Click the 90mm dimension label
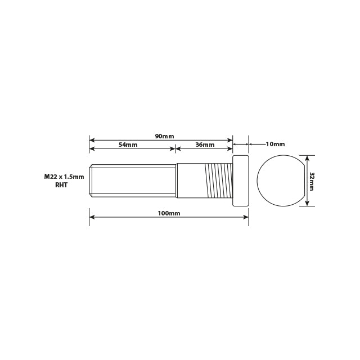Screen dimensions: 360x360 164,136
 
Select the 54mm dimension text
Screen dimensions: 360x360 128,145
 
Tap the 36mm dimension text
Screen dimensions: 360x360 205,145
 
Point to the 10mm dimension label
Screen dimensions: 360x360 275,144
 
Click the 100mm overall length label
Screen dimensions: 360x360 169,214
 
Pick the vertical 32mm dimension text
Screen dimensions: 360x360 311,181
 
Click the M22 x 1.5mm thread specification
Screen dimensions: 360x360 64,177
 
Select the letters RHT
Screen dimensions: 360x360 62,184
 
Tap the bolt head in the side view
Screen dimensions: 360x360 241,181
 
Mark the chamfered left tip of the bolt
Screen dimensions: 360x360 91,181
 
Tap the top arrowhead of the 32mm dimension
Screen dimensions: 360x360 307,158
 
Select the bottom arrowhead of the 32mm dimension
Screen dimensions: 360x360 307,203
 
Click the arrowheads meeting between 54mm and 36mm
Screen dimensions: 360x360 175,148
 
